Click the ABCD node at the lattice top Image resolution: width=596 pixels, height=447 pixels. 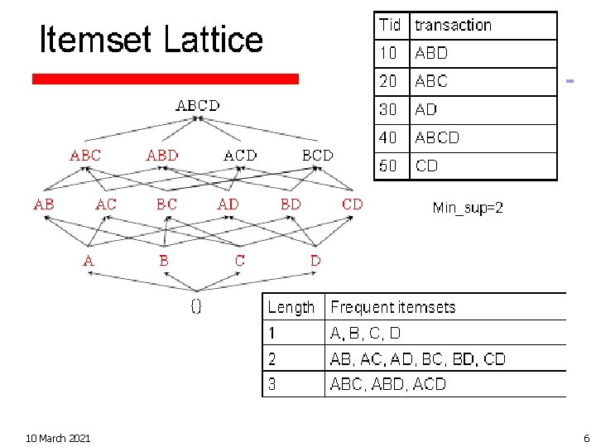(x=198, y=106)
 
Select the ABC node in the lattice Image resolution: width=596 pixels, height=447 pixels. (x=85, y=155)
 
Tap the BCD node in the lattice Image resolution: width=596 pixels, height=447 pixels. (x=318, y=155)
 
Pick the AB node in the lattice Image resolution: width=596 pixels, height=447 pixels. (x=44, y=204)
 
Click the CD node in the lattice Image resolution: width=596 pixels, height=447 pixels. (x=353, y=204)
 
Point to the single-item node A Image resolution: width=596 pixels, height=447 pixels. (x=88, y=261)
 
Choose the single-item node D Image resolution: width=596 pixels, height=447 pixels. (x=315, y=261)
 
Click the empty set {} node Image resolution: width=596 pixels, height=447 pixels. (x=196, y=306)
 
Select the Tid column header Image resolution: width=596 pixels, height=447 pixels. (x=390, y=25)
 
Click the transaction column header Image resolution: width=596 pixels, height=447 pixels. (x=453, y=25)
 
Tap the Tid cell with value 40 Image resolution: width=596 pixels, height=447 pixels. (x=388, y=137)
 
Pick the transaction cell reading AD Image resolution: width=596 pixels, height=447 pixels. (x=426, y=109)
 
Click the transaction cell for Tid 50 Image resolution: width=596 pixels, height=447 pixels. (x=427, y=166)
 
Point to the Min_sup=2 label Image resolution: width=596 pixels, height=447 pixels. (x=468, y=208)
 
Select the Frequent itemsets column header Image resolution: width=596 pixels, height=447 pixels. (x=393, y=307)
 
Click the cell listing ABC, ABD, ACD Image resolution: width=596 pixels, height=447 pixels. (x=388, y=384)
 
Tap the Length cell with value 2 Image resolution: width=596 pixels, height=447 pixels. (x=272, y=359)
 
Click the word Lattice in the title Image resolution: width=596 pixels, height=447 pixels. (x=213, y=39)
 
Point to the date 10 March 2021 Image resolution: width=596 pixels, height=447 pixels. (x=58, y=438)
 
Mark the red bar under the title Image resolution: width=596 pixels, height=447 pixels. (x=165, y=79)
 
